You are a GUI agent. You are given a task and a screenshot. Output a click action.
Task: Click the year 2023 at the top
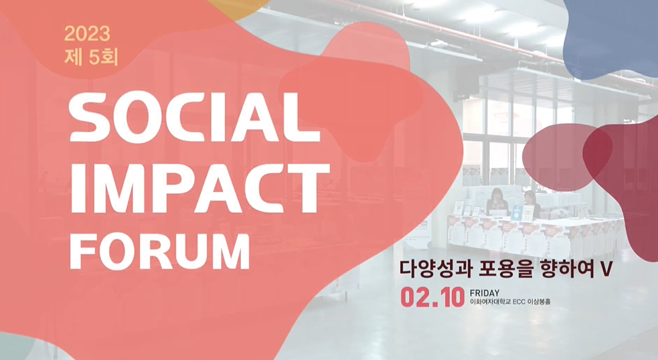(87, 33)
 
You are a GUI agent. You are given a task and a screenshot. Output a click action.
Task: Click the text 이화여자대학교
(491, 303)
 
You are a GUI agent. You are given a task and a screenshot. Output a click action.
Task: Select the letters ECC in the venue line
(521, 303)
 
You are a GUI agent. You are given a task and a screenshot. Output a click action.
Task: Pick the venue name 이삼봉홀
(540, 303)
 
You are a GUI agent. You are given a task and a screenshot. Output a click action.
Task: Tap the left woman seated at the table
(498, 201)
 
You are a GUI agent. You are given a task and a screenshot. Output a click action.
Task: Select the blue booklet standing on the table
(517, 213)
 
